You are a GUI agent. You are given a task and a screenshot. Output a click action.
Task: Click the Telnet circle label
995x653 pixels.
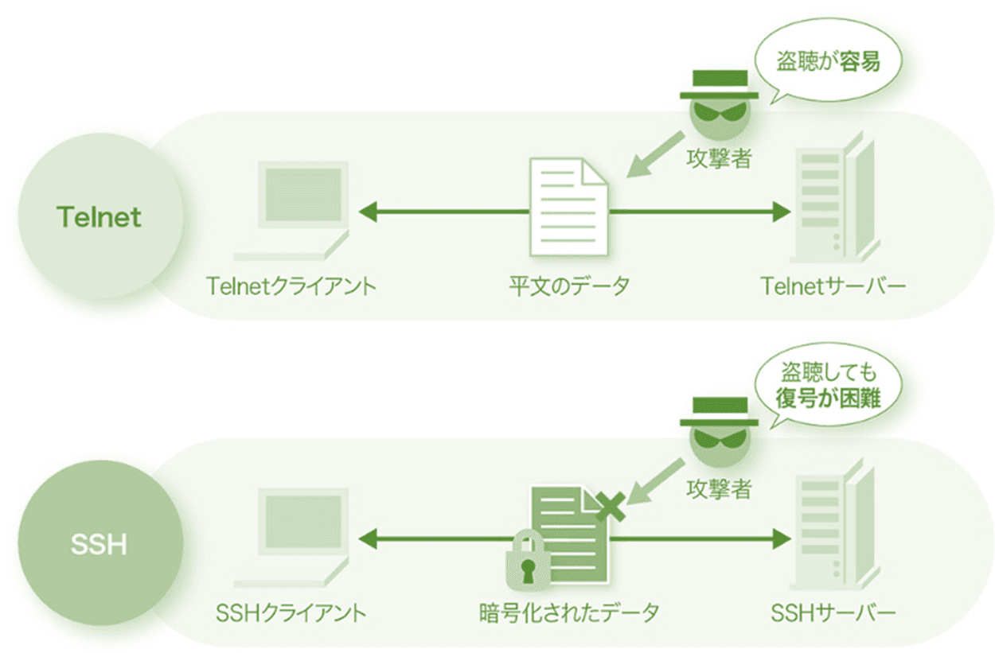(99, 216)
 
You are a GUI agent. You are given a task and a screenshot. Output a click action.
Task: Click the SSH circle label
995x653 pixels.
(99, 546)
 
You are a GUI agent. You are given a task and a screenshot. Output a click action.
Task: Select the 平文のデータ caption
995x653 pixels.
(569, 285)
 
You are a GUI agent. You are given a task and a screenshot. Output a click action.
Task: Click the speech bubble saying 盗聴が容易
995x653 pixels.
(828, 63)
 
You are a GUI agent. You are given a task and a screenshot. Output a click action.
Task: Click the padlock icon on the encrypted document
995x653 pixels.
(527, 561)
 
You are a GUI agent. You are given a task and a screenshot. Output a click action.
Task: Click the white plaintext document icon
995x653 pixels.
(569, 207)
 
